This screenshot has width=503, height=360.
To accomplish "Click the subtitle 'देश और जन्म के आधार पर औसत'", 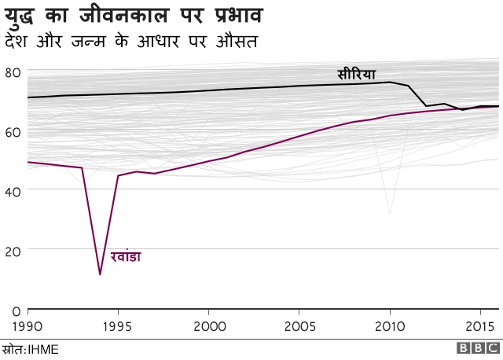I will tap(131, 40).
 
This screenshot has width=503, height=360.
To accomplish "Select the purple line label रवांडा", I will tap(126, 257).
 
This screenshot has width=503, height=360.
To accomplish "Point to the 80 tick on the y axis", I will tap(12, 72).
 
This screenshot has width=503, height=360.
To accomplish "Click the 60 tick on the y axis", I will tap(12, 132).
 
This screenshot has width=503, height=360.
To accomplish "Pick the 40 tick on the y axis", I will tap(12, 191).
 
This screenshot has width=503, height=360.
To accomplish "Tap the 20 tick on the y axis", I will tap(12, 251).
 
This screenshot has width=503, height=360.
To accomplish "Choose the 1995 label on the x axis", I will tap(117, 325).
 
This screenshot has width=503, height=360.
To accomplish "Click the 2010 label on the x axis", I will tap(390, 325).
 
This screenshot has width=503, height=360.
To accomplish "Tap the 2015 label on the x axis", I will tap(480, 325).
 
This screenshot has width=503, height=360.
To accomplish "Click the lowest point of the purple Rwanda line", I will tap(100, 274).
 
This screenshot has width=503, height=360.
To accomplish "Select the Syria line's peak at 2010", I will tap(391, 82).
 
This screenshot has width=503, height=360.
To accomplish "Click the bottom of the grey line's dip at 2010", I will tap(390, 214).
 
